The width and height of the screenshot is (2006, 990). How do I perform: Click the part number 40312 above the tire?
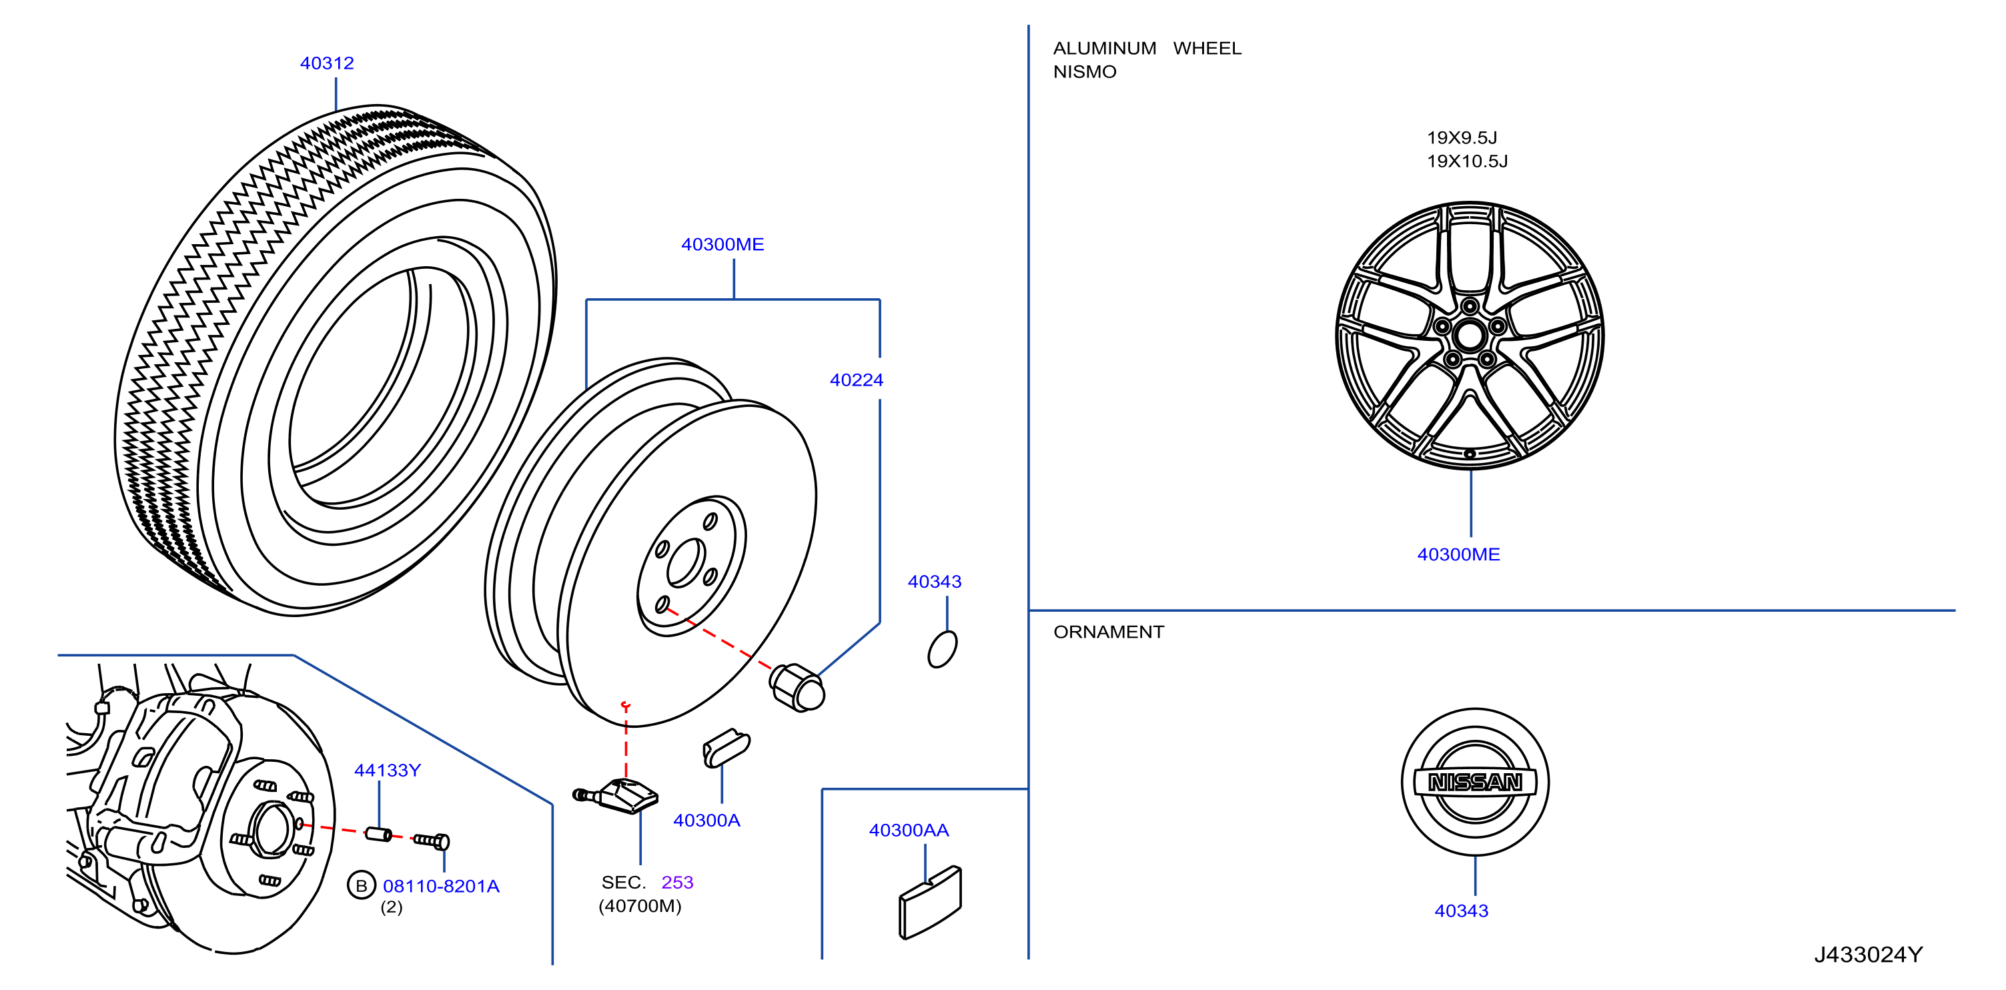(327, 63)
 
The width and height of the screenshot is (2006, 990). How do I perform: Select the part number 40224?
(857, 380)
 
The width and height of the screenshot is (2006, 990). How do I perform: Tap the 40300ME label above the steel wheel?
(722, 245)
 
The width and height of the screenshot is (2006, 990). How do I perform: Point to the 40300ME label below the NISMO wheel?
(1458, 554)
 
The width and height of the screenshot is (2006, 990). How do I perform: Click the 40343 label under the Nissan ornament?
(1462, 911)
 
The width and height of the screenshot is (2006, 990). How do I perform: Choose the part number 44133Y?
(388, 771)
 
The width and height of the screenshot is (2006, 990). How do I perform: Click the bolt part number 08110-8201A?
(441, 887)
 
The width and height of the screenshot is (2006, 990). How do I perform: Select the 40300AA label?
(909, 831)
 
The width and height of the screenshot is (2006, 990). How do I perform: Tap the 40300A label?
(707, 820)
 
